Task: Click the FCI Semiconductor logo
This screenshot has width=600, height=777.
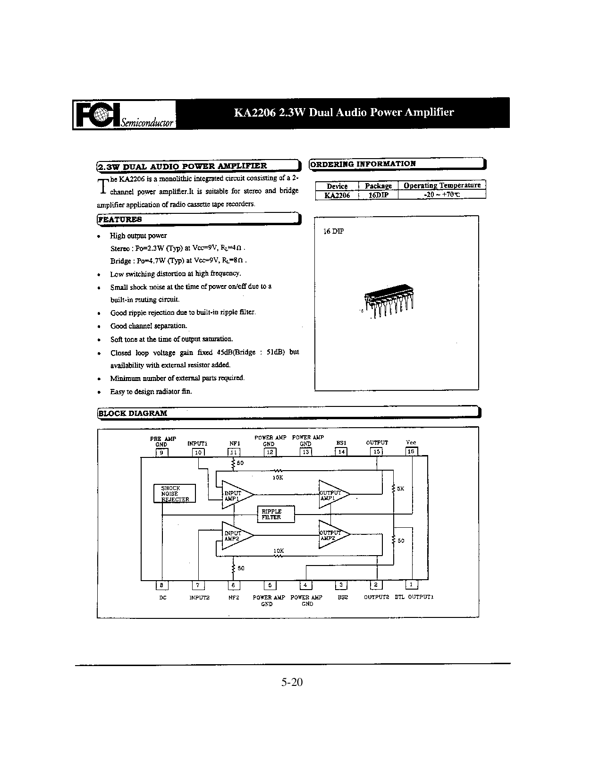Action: [x=125, y=115]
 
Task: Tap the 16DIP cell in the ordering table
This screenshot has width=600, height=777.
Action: [x=378, y=194]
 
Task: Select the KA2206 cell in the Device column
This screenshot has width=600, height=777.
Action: [x=337, y=194]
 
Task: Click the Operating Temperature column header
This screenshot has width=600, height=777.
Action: [x=442, y=186]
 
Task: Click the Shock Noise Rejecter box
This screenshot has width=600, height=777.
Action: [x=174, y=494]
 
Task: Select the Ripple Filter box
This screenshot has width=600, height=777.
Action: [x=276, y=514]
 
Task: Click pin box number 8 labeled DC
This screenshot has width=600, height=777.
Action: [x=162, y=585]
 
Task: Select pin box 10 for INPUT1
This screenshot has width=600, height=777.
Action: [x=198, y=452]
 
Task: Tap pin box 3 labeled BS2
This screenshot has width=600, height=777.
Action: [x=341, y=585]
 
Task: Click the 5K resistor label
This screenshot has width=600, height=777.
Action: [x=400, y=489]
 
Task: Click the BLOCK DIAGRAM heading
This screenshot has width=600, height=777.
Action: [x=133, y=413]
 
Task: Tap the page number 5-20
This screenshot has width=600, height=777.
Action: [x=292, y=682]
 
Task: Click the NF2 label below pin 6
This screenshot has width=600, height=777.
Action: [x=234, y=597]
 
